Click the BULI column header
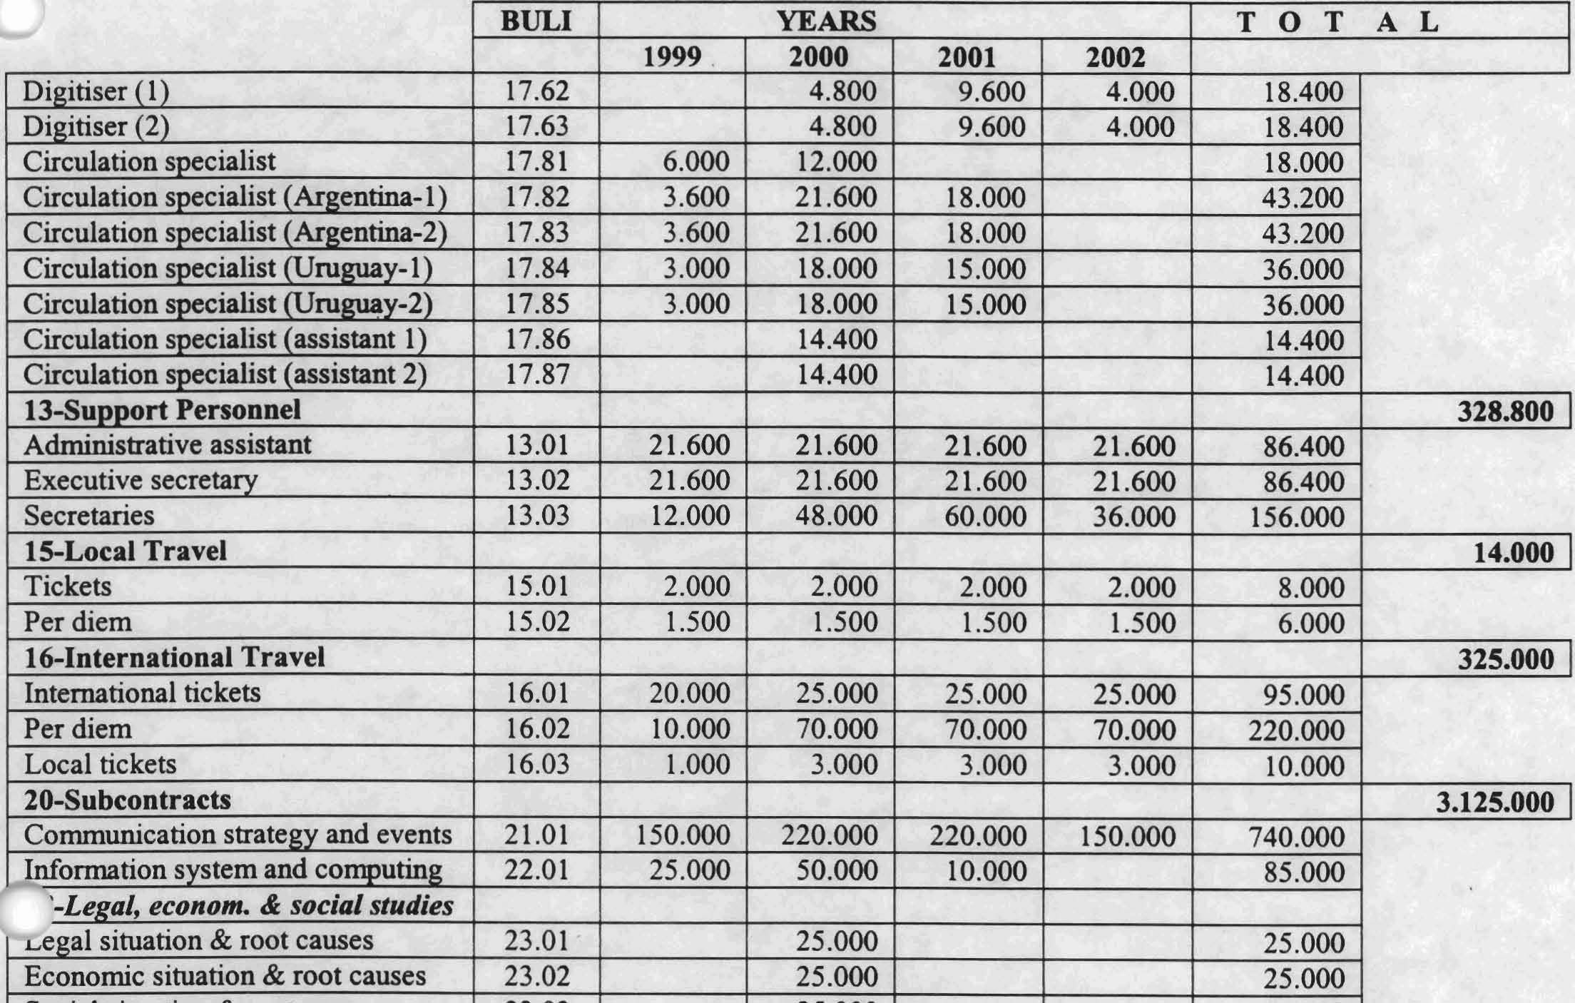click(536, 21)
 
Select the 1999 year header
click(672, 56)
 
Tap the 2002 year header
click(1115, 57)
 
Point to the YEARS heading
click(825, 21)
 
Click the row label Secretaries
click(88, 515)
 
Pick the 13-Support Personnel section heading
click(162, 410)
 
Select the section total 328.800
click(1504, 412)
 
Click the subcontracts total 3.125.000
click(1494, 802)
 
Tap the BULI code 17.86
click(536, 339)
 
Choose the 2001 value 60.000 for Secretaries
click(985, 516)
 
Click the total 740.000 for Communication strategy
click(1296, 837)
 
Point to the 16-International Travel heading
click(174, 657)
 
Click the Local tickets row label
click(100, 764)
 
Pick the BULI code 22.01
click(536, 870)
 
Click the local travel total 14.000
click(1513, 553)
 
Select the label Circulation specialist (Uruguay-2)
click(228, 304)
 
